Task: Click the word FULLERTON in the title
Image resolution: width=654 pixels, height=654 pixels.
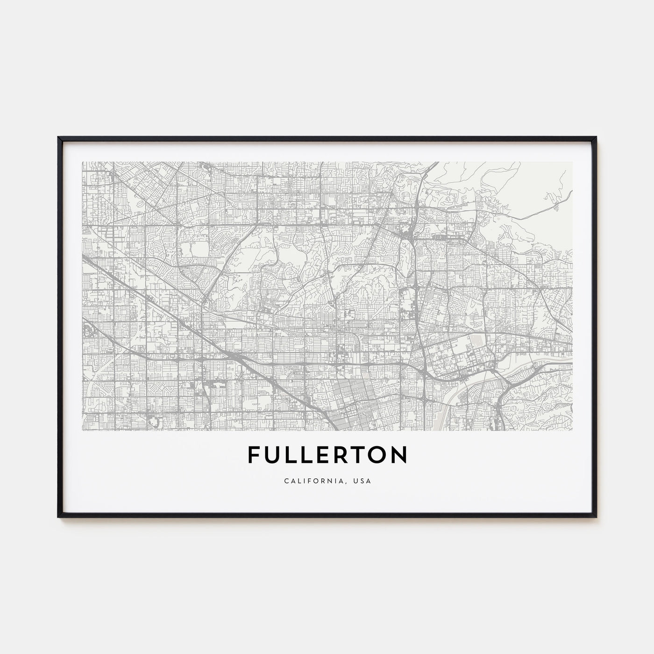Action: coord(327,455)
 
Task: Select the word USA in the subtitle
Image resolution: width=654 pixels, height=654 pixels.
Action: coord(363,481)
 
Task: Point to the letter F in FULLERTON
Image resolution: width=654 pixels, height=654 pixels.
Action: coord(253,455)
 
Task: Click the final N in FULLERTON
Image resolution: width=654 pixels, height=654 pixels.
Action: coord(400,455)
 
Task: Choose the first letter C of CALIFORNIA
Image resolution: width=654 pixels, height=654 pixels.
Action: coord(285,481)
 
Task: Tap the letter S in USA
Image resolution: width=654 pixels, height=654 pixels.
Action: coord(363,481)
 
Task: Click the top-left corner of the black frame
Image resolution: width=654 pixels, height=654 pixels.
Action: coord(58,137)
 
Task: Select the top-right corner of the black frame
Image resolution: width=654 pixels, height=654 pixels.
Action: coord(597,137)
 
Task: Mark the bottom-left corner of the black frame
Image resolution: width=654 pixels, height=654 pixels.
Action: coord(58,517)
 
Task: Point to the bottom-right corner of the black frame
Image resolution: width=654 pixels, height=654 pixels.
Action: coord(597,517)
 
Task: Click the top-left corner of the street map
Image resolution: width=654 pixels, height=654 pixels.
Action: coord(82,162)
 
